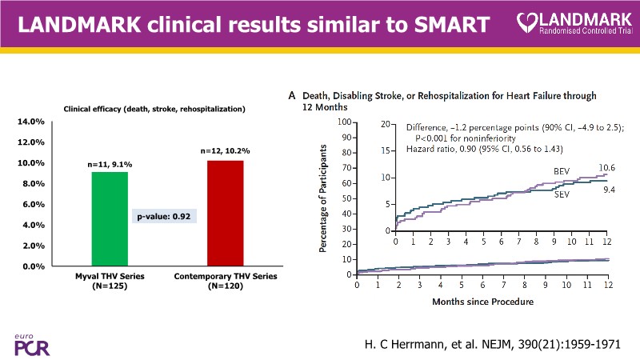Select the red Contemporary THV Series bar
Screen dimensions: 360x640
225,213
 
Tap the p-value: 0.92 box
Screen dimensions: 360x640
166,216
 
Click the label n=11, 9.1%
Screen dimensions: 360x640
110,164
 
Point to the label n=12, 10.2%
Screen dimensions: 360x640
225,151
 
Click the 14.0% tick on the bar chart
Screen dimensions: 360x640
30,122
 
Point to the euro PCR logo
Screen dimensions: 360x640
26,342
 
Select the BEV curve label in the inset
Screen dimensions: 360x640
562,172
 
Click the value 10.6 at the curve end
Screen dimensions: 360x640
608,168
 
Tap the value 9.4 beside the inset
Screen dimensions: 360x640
610,190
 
